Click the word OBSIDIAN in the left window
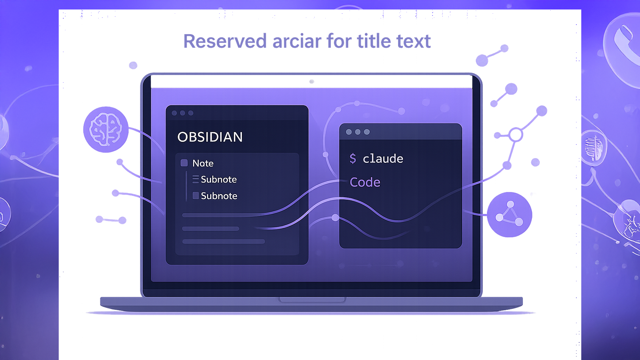(210, 137)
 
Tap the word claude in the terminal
(383, 159)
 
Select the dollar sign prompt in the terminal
(353, 159)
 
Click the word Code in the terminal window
(365, 182)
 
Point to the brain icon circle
(106, 129)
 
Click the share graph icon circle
(510, 214)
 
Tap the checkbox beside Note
(184, 163)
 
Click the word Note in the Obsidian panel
(203, 163)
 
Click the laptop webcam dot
(312, 82)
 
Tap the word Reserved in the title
(225, 41)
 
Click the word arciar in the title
(297, 41)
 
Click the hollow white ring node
(516, 135)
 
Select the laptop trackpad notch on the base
(312, 300)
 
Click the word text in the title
(414, 41)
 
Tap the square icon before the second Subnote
(196, 195)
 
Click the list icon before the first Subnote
(196, 179)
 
